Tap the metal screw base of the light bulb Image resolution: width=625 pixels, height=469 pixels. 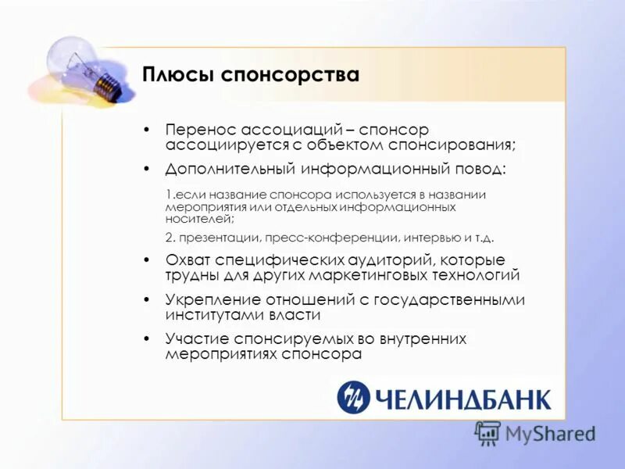pos(108,84)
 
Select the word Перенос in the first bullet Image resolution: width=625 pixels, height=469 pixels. pos(199,130)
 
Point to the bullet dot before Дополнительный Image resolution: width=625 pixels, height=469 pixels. pos(146,169)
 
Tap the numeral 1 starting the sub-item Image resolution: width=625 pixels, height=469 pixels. pos(169,194)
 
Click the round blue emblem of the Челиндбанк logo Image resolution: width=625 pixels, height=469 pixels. pos(353,397)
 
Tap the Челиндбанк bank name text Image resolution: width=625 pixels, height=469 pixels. pos(462,399)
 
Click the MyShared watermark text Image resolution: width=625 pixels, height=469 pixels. pos(550,432)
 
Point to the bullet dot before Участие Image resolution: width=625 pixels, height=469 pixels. pos(146,338)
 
